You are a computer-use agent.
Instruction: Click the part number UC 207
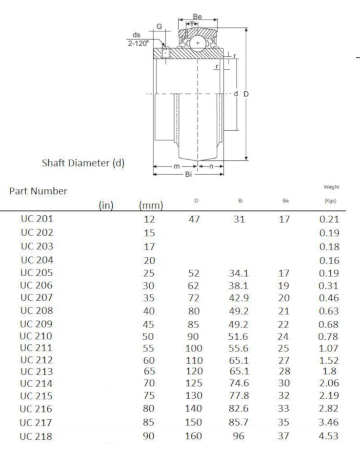pos(37,298)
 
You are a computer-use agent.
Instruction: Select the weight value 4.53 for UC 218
pos(328,436)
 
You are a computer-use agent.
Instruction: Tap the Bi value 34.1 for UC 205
pos(239,273)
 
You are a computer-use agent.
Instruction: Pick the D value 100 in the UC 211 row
pos(194,349)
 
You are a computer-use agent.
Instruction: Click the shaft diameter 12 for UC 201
pos(150,220)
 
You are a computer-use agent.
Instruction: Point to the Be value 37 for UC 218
pos(283,436)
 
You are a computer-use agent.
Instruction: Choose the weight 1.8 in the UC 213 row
pos(329,371)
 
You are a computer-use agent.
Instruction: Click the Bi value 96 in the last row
pos(239,436)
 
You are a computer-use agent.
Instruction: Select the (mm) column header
pos(151,206)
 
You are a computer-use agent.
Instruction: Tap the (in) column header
pos(106,206)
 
